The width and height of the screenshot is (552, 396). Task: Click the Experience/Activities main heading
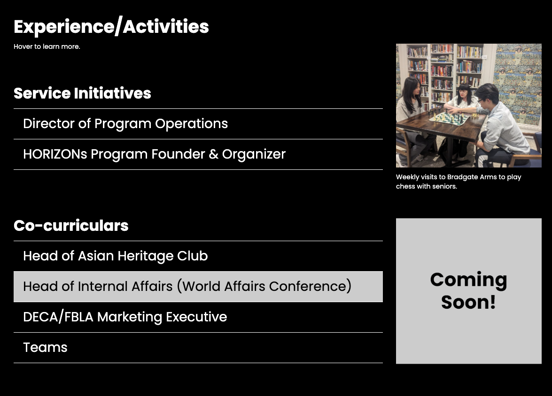[x=111, y=26]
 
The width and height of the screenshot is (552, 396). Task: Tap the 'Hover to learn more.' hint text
[x=47, y=46]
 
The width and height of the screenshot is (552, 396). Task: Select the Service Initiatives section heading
[x=82, y=93]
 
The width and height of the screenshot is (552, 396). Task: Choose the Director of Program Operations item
[x=125, y=124]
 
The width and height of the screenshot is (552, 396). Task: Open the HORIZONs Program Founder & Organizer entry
[x=154, y=154]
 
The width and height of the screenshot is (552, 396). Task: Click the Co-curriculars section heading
[x=71, y=225]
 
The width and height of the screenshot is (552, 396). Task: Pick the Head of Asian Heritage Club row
[x=116, y=256]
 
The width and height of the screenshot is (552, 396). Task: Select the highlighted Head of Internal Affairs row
[x=198, y=287]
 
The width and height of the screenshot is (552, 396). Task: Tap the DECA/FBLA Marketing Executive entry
[x=125, y=317]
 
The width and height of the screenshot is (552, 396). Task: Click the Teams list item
[x=45, y=348]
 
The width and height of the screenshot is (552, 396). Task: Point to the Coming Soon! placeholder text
[x=468, y=291]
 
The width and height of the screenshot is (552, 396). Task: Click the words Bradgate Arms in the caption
[x=472, y=177]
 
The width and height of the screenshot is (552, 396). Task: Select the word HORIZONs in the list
[x=55, y=154]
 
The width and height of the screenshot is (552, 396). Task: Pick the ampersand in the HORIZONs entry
[x=213, y=154]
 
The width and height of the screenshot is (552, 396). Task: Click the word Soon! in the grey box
[x=468, y=302]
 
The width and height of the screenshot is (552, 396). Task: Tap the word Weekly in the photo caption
[x=407, y=177]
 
